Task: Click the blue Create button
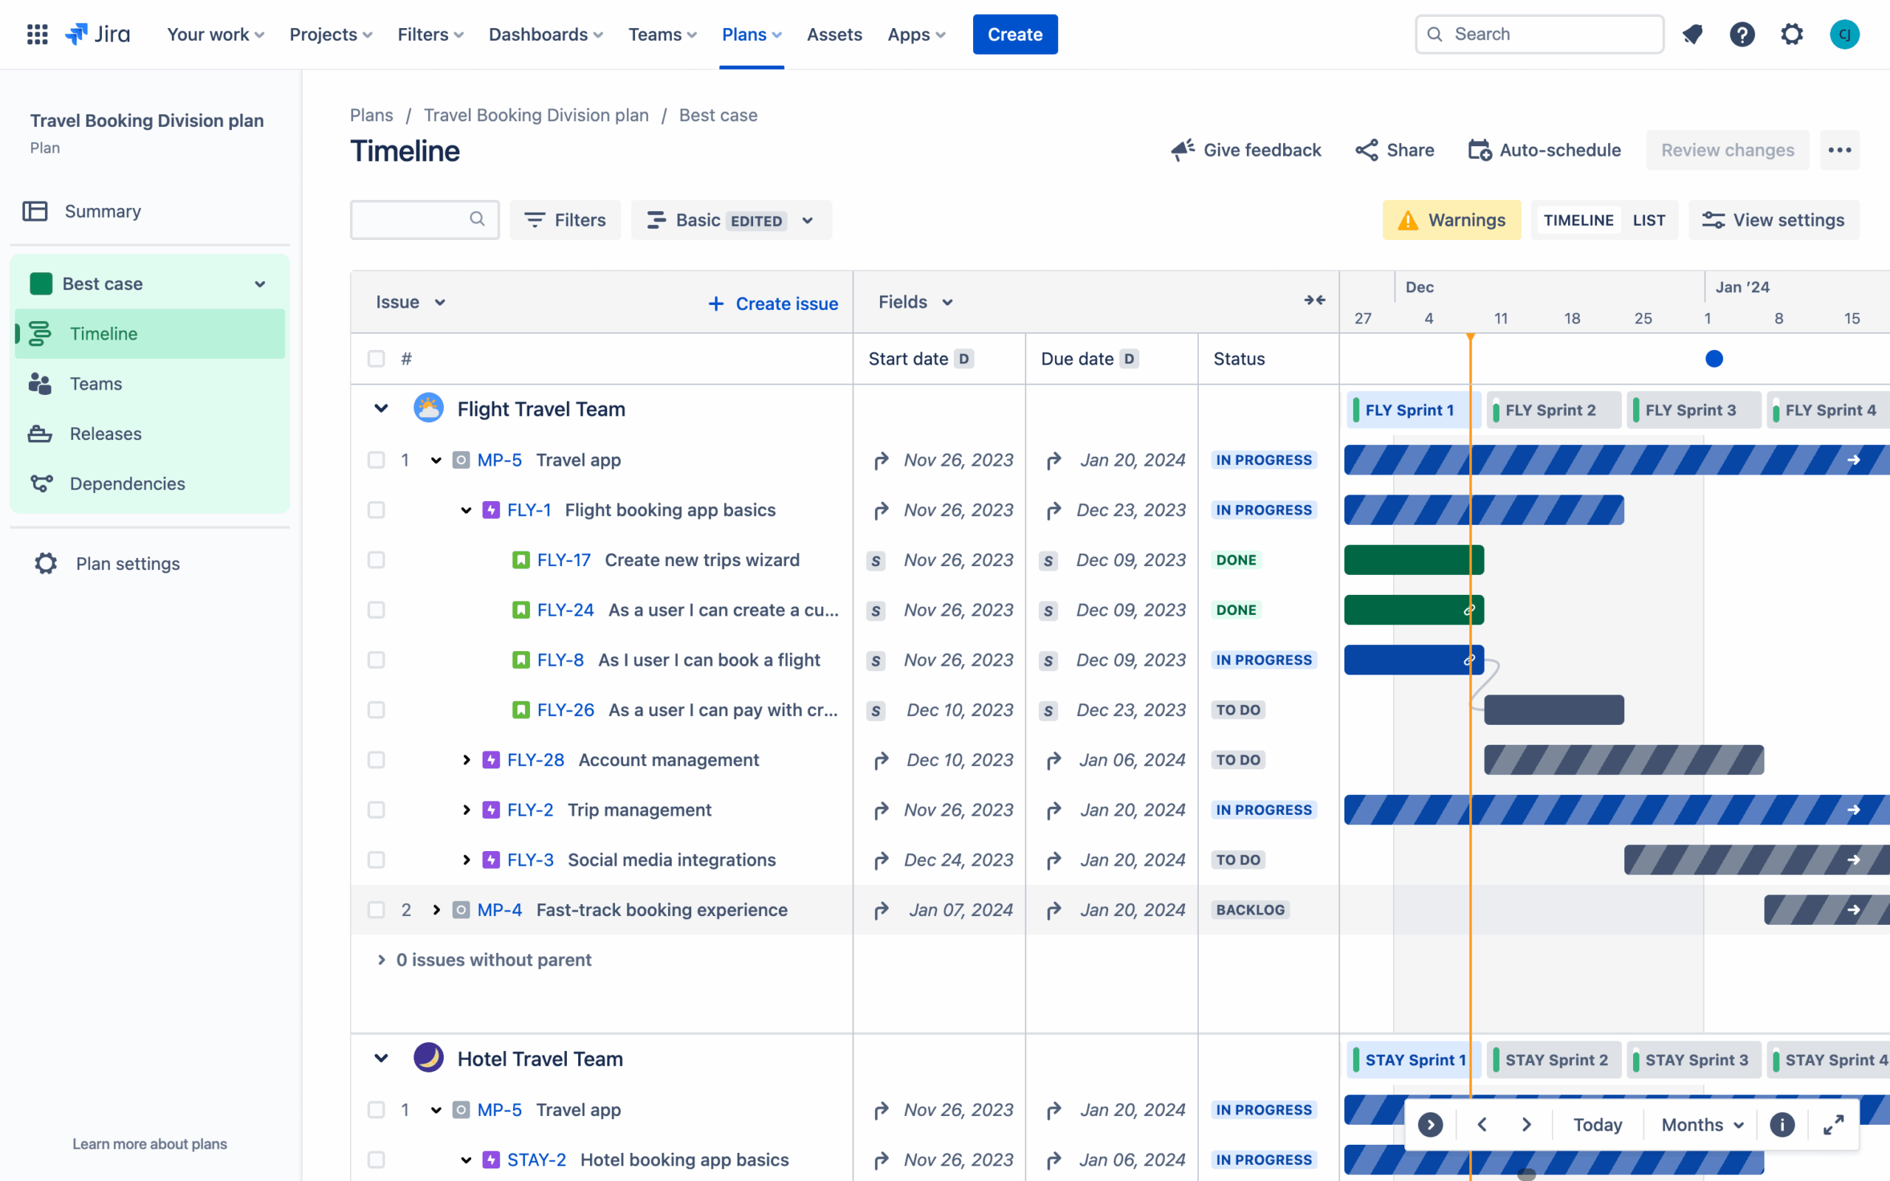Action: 1014,35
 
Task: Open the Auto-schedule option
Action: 1544,150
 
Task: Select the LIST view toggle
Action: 1648,220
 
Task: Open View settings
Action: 1773,220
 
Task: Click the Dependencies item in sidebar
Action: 127,483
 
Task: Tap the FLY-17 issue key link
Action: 563,560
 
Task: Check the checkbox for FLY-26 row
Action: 377,710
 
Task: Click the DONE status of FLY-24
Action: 1236,610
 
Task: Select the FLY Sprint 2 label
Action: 1550,410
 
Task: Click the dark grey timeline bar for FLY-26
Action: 1553,710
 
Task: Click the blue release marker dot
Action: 1714,359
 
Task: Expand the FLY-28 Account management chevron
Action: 467,760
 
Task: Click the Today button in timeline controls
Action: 1597,1125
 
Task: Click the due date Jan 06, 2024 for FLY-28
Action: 1132,760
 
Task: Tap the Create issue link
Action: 772,304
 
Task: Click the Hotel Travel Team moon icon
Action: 428,1058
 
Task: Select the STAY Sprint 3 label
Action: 1696,1060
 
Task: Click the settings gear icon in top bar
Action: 1792,35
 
